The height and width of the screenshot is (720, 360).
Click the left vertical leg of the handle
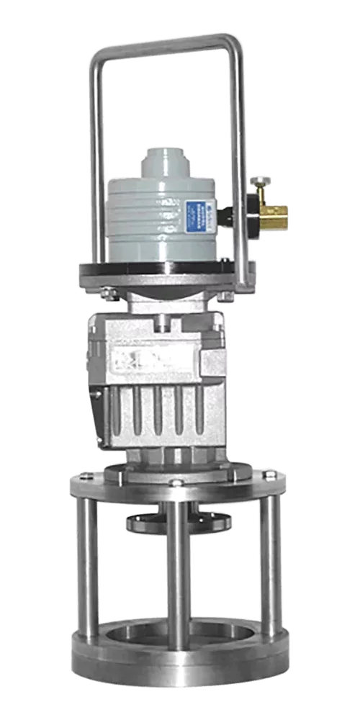coord(92,166)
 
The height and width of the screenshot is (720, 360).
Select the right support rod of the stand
coord(269,569)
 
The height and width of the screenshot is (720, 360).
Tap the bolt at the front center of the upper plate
coord(176,482)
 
